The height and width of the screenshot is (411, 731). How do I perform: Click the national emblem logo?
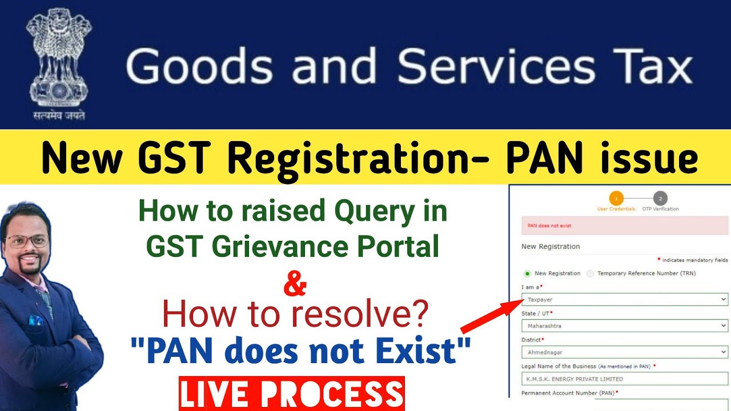click(x=59, y=63)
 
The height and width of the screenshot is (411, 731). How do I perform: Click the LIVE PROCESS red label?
click(x=291, y=394)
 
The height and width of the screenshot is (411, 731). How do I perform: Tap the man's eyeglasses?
click(x=27, y=241)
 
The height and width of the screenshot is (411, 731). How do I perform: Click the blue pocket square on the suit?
click(x=36, y=320)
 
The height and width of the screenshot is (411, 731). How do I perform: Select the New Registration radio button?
click(x=527, y=273)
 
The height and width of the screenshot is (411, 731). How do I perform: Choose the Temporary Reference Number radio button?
click(x=590, y=273)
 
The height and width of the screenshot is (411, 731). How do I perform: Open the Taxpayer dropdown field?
click(x=624, y=299)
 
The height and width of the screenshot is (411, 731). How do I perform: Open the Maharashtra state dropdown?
click(x=624, y=326)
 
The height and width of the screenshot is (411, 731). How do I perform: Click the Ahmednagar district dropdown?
click(x=624, y=352)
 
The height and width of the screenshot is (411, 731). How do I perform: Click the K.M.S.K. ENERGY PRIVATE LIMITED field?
click(x=624, y=378)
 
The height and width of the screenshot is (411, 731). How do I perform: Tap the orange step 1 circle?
click(x=616, y=198)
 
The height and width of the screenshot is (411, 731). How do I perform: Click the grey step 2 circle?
click(x=660, y=198)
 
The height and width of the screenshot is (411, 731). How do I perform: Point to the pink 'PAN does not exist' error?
click(x=624, y=225)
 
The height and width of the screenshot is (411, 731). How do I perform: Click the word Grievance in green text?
click(x=292, y=246)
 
